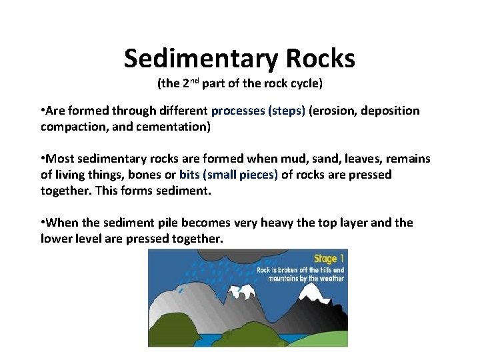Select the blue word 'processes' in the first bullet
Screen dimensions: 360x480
coord(238,111)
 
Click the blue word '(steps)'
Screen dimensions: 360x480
coord(287,111)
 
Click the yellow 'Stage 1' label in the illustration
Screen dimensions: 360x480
coord(329,257)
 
